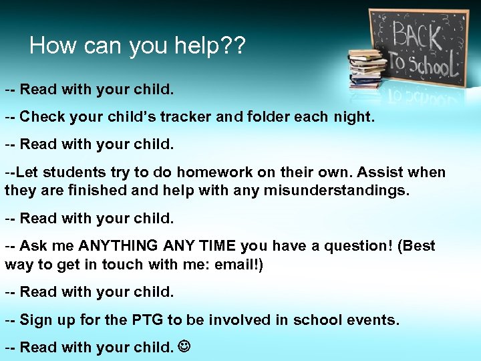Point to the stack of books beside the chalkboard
pyautogui.click(x=367, y=68)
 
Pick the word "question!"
pyautogui.click(x=358, y=246)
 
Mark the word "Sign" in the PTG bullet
pyautogui.click(x=35, y=320)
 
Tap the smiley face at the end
pyautogui.click(x=184, y=348)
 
